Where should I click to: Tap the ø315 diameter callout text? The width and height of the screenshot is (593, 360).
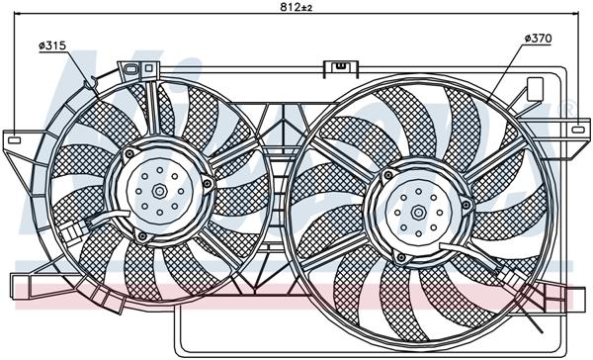[x=52, y=45]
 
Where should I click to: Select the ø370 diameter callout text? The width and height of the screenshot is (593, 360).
[x=538, y=38]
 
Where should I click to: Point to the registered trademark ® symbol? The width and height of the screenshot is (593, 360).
[x=566, y=107]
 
